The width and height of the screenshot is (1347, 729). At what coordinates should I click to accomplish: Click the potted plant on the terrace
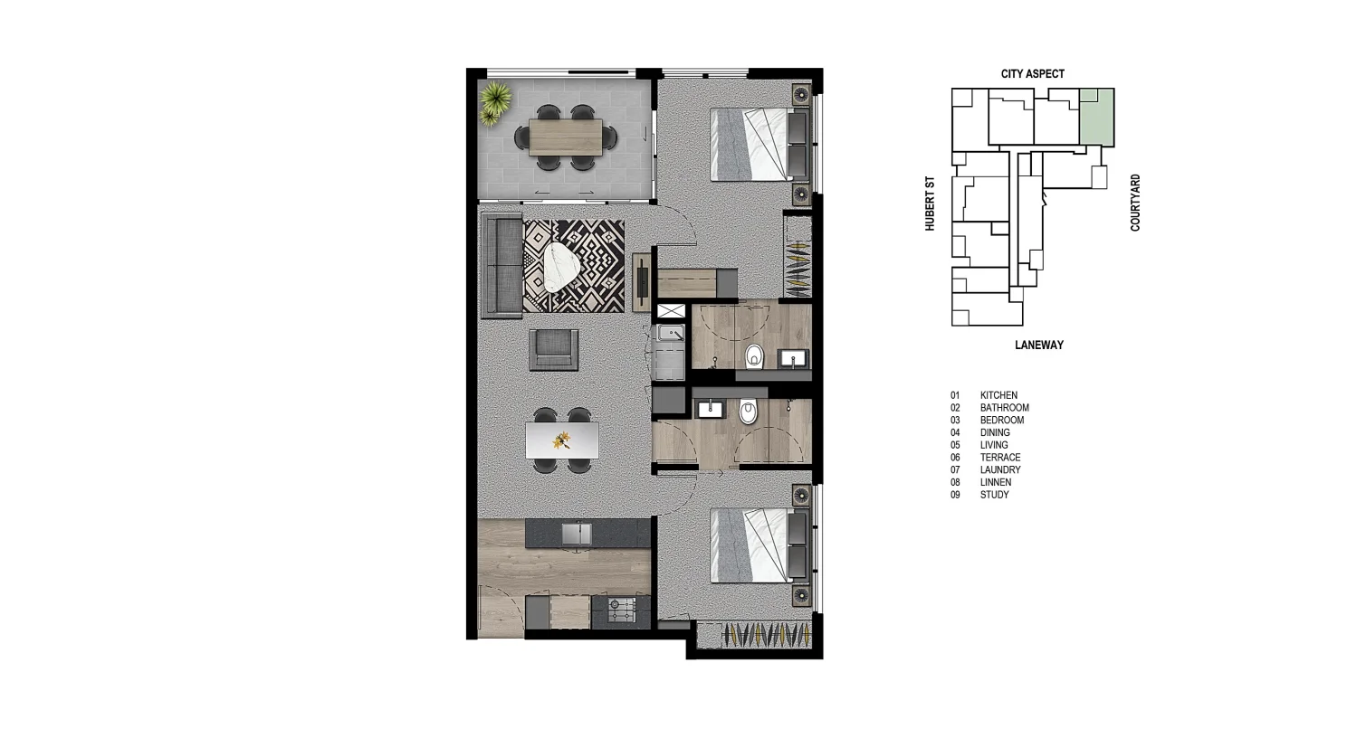point(494,101)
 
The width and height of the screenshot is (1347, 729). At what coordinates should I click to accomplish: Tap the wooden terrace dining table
point(565,137)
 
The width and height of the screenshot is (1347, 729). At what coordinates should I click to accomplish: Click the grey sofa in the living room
point(501,265)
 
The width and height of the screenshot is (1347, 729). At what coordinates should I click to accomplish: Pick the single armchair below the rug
point(554,349)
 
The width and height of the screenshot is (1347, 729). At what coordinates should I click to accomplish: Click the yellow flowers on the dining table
point(562,440)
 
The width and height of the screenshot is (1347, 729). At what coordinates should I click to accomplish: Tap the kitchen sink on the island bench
point(576,534)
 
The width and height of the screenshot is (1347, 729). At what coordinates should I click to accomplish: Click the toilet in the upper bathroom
point(753,359)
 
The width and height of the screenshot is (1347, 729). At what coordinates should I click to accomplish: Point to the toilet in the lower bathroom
point(747,413)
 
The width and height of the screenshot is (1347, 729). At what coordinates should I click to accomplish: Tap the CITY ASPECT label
point(1032,74)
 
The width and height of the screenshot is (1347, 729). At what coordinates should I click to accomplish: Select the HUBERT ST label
point(930,204)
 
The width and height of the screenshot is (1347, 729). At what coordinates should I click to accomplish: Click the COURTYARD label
point(1135,203)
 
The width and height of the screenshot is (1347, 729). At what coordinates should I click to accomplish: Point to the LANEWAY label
point(1038,346)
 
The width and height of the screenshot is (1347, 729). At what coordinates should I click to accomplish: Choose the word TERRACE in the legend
point(999,458)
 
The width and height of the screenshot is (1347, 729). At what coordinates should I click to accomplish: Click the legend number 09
point(955,495)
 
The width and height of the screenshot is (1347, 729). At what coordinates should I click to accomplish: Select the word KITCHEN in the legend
point(998,395)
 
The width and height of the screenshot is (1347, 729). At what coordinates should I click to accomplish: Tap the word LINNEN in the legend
point(996,482)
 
